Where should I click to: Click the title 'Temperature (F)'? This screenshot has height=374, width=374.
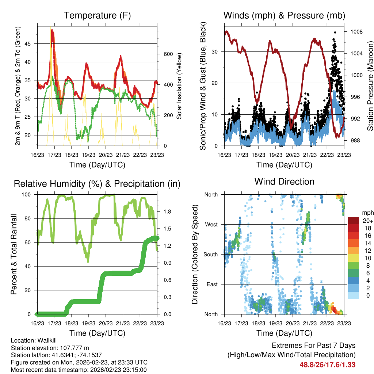[97, 15]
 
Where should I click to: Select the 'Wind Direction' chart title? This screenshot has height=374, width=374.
[284, 182]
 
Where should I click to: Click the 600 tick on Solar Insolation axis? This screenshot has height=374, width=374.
[167, 54]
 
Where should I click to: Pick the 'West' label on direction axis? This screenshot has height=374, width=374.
[211, 224]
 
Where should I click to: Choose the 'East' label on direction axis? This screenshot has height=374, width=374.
[211, 284]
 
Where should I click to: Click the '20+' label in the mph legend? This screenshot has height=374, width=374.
[367, 221]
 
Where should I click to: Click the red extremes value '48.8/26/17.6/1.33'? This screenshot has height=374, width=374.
[328, 365]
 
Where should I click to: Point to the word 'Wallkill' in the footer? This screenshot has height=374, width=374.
[47, 340]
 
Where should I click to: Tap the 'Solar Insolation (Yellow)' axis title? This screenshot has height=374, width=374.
[179, 85]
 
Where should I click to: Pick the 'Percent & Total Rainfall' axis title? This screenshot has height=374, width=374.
[14, 254]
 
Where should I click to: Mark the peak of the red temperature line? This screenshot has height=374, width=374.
[52, 30]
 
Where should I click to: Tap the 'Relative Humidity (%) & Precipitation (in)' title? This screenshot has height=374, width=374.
[97, 184]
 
